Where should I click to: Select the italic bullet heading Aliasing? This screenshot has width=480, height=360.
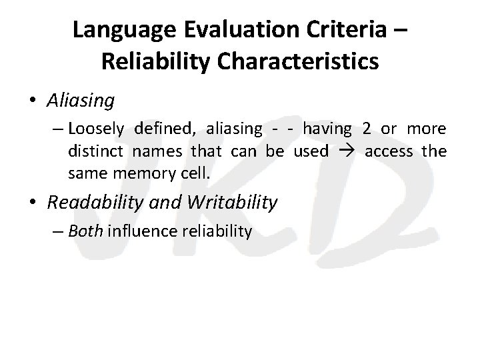[x=81, y=101]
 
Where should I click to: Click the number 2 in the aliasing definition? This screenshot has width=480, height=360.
[x=366, y=129]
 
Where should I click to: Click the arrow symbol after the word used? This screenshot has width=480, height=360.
[x=346, y=152]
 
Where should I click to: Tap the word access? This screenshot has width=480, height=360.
[x=389, y=151]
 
